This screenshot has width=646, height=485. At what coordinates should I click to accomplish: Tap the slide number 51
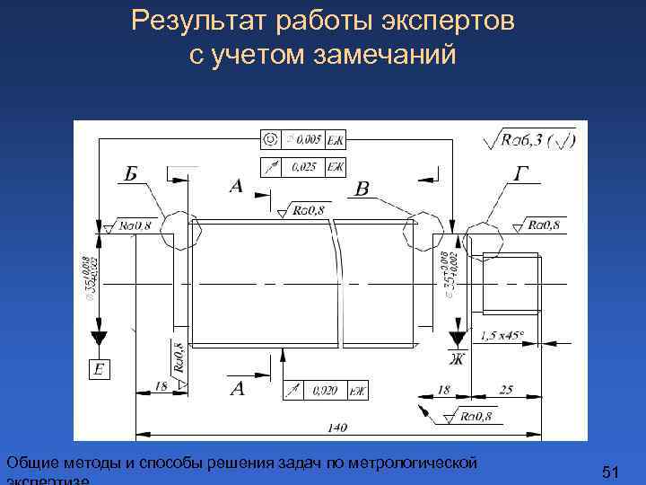611,471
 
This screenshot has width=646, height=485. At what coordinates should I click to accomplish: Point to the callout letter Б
131,173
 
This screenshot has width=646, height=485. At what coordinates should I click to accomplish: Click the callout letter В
362,190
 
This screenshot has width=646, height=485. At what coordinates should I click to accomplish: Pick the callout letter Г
522,173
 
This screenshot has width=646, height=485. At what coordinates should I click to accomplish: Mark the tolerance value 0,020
325,391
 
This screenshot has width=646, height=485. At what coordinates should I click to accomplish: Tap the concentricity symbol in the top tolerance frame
268,139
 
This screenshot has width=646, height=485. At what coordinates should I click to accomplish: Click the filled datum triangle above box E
99,339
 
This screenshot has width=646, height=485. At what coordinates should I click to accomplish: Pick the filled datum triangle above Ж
458,339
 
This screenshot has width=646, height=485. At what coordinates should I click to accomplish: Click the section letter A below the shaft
238,388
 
